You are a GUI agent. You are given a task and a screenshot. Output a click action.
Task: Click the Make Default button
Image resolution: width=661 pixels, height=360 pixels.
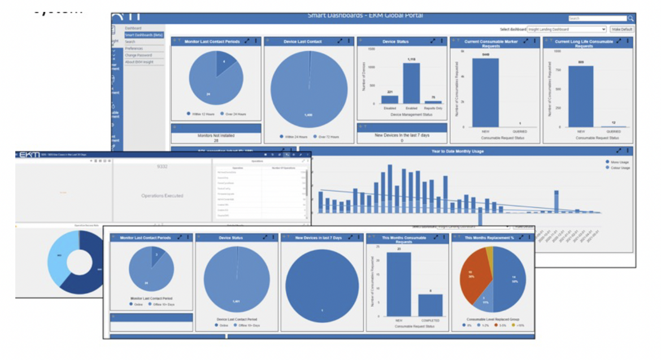click(621, 29)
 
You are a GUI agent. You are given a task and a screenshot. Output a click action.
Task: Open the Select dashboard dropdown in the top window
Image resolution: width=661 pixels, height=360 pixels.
click(566, 29)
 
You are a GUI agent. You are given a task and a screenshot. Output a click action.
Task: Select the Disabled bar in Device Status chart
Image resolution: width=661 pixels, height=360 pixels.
click(389, 99)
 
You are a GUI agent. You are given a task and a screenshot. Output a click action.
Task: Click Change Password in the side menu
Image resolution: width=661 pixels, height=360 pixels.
click(138, 55)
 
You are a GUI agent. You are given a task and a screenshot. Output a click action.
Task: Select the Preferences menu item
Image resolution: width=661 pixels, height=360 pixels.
click(134, 49)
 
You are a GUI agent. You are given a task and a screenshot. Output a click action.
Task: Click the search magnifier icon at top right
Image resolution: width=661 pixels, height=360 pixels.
click(630, 19)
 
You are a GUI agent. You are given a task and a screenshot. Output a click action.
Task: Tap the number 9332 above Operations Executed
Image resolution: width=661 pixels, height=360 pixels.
click(163, 167)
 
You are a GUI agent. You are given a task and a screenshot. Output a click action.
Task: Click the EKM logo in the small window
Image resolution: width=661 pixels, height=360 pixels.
click(29, 155)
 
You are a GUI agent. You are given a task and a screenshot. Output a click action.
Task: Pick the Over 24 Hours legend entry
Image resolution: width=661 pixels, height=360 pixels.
click(234, 114)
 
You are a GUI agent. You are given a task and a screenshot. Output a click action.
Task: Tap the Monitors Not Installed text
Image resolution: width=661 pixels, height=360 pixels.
click(216, 136)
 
